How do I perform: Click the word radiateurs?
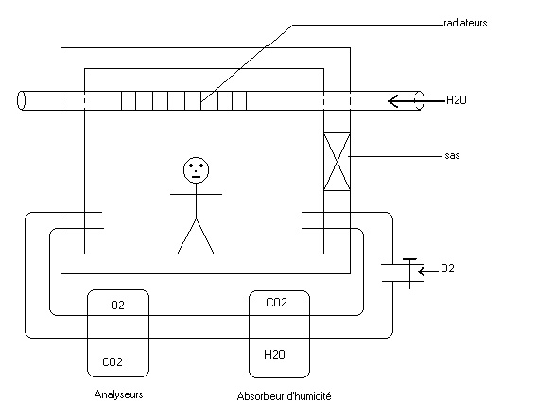click(465, 23)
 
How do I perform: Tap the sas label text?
click(452, 155)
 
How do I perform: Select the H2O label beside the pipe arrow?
click(457, 100)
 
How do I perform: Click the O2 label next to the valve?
click(447, 269)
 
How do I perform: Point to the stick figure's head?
click(197, 170)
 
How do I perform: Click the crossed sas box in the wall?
click(337, 162)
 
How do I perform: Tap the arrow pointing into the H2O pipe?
click(416, 100)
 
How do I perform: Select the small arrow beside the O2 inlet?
click(428, 271)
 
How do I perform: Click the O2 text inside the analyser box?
click(118, 305)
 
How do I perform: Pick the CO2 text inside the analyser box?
click(113, 361)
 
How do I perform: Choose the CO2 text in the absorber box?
click(276, 302)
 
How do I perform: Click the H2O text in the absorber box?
click(274, 354)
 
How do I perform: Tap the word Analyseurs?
click(118, 394)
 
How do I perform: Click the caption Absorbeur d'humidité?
click(284, 396)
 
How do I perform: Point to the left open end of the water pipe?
click(21, 100)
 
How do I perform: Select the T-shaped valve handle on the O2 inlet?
click(410, 273)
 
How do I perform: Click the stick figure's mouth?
click(197, 177)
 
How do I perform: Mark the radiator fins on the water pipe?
click(184, 100)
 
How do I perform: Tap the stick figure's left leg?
click(187, 236)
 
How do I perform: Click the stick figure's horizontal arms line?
click(197, 194)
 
